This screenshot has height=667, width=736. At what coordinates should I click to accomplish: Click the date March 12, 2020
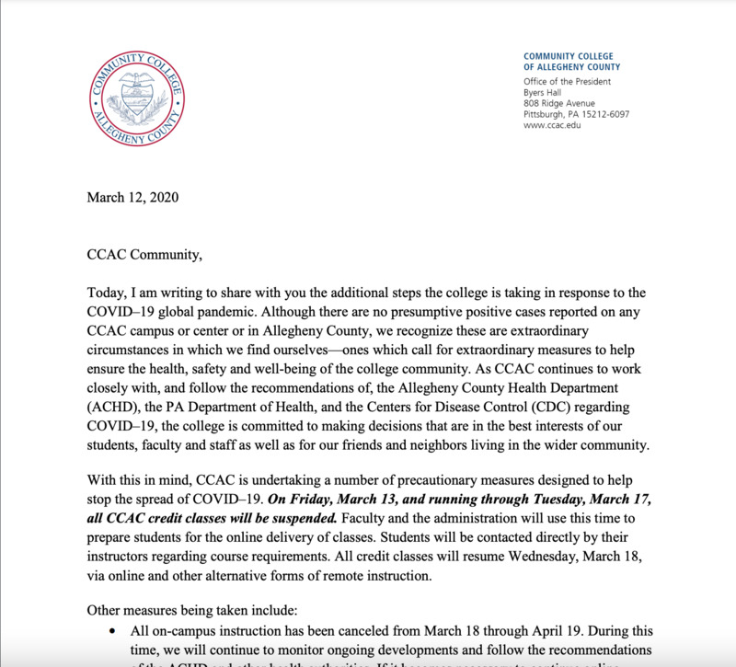coord(132,197)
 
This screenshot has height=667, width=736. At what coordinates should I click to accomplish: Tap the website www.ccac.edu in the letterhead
coord(552,125)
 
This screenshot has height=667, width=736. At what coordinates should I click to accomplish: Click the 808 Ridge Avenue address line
coord(558,103)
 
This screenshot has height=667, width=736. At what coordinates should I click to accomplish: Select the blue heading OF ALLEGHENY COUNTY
coord(571,67)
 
